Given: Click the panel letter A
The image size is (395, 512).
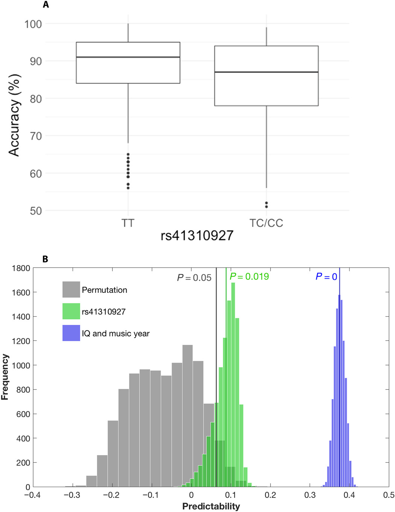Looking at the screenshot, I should tap(46, 5).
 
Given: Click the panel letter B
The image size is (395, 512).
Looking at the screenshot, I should tap(45, 259).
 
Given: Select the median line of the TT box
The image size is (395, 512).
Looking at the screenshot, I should tap(128, 57).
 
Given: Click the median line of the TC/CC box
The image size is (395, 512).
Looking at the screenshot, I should tap(266, 72).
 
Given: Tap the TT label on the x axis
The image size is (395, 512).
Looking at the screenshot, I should tap(128, 223).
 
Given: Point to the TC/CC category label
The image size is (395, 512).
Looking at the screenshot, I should tap(266, 223).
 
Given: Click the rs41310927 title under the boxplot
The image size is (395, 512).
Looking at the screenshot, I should tap(197, 236).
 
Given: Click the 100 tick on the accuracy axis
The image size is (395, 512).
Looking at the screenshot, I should tap(33, 24).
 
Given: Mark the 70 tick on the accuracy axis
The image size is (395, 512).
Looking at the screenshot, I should tap(36, 136).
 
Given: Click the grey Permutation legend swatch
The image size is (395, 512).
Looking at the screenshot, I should tap(71, 290).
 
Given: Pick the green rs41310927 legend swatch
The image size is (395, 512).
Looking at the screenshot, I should tap(71, 311).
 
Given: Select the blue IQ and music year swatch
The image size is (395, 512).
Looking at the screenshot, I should tap(71, 333).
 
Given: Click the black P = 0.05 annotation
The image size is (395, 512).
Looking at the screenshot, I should tap(194, 278).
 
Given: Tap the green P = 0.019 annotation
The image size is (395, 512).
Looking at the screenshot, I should tap(249, 277).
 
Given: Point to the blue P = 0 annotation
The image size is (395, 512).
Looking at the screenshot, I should tap(326, 277).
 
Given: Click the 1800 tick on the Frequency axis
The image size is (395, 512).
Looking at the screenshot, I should tap(21, 268).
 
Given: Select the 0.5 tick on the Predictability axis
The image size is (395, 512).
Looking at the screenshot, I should tap(389, 495).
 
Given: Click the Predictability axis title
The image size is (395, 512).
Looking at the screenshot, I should tap(211, 506).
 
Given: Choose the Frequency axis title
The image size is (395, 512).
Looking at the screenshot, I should tap(5, 377).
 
